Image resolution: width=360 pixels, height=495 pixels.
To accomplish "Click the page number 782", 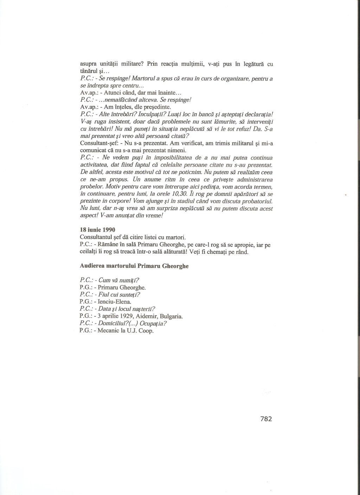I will tap(266, 419).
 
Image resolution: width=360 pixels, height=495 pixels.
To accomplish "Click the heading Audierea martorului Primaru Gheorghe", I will tap(134, 266).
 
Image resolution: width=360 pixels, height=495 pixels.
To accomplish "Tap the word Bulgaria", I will tap(171, 316).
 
